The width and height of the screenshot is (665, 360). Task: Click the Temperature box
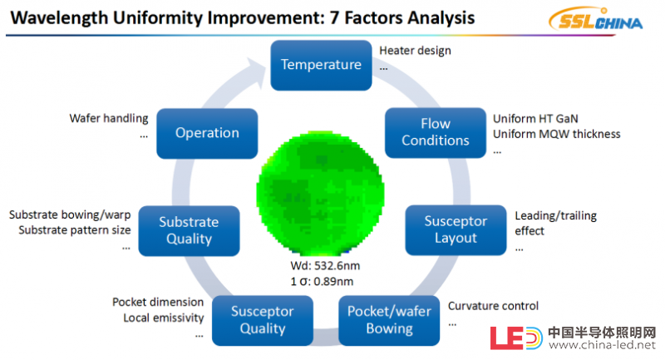tap(321, 66)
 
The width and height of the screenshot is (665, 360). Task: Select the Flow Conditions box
tap(435, 133)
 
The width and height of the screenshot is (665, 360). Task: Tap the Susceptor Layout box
tap(456, 230)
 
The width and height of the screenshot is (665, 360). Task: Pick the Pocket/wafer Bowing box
tap(389, 321)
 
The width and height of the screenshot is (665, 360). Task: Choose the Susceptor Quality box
tap(263, 321)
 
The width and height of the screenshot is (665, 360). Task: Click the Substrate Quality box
tap(189, 231)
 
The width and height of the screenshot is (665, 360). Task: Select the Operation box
tap(207, 134)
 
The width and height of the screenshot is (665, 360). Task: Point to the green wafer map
tap(320, 194)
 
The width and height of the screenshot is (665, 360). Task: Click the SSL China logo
tap(595, 20)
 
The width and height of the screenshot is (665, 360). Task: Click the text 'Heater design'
tap(415, 51)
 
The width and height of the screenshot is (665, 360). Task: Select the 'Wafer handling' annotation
tap(109, 118)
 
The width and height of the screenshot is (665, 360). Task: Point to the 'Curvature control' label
tap(493, 306)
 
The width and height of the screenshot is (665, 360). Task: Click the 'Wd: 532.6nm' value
tap(325, 266)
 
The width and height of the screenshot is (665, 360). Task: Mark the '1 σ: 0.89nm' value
tap(322, 282)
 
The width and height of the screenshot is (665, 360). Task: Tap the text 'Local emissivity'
tap(164, 318)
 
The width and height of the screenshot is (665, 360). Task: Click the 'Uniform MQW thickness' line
tap(556, 134)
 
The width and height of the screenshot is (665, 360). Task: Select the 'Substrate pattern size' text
tap(75, 230)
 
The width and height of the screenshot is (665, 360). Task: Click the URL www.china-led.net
tap(602, 345)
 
